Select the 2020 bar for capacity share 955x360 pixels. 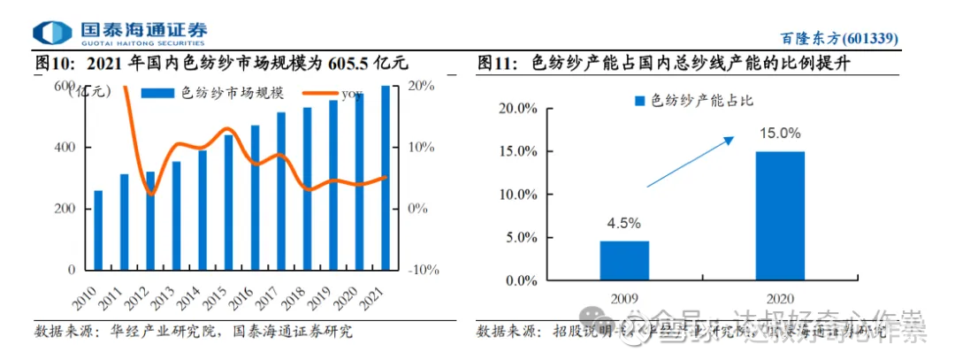tap(780, 216)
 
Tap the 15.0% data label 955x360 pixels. tap(780, 134)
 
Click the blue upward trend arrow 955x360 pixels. tap(691, 161)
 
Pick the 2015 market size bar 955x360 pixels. tap(228, 203)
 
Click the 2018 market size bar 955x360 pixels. tap(307, 188)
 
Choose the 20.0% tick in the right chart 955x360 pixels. tap(518, 109)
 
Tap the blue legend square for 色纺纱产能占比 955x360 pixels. tap(640, 102)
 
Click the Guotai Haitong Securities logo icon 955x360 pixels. tap(50, 33)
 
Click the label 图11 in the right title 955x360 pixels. tap(497, 64)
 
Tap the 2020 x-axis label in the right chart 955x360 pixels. tap(780, 299)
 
